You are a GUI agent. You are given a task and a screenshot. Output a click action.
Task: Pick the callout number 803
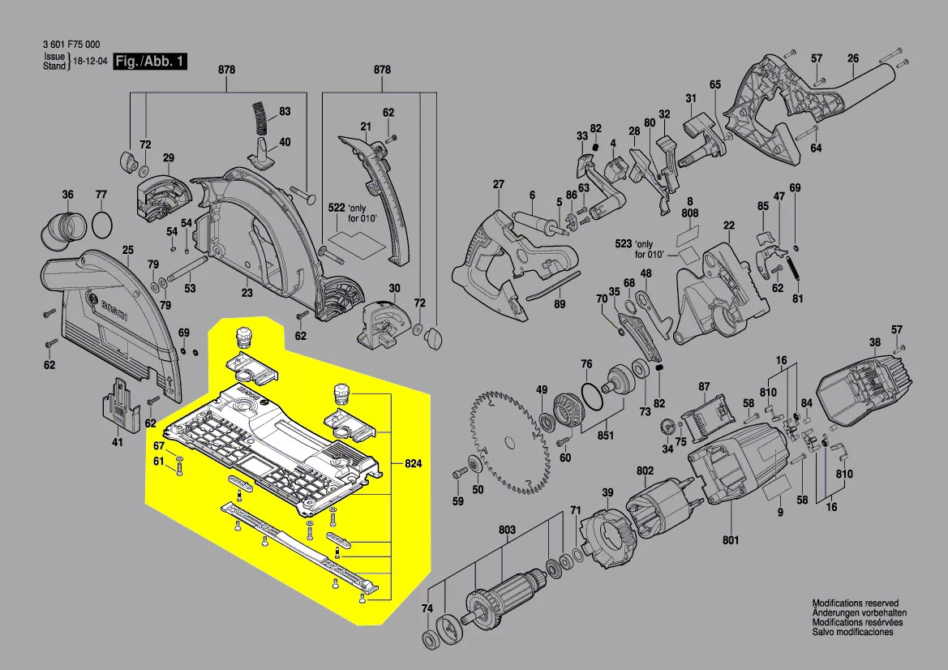click(507, 530)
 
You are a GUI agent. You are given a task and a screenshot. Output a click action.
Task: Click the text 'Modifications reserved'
click(856, 604)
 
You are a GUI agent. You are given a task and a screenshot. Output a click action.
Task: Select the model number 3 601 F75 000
click(71, 45)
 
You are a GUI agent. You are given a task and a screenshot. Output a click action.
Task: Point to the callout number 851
click(605, 436)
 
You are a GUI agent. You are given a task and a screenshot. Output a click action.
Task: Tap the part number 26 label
click(853, 58)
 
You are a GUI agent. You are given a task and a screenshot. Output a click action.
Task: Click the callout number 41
click(118, 442)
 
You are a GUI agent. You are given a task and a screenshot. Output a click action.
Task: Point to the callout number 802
click(645, 470)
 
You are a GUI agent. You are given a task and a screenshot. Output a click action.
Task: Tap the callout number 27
click(498, 184)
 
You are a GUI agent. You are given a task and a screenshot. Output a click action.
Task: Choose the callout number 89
click(559, 304)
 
